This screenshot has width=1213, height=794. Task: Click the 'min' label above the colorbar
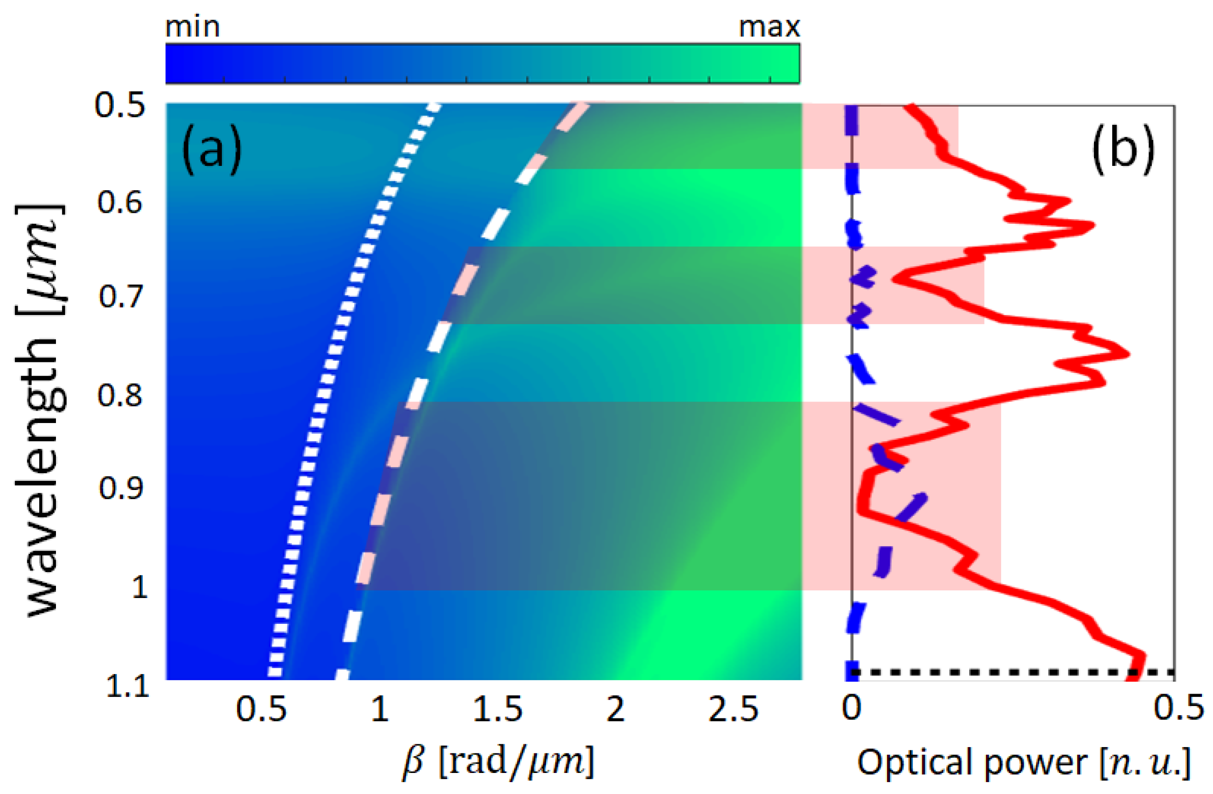(x=192, y=26)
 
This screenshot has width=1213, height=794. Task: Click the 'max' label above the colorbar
(x=769, y=26)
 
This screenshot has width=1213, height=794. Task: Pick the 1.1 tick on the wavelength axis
(x=127, y=686)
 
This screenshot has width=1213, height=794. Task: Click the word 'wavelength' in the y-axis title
(x=44, y=477)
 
